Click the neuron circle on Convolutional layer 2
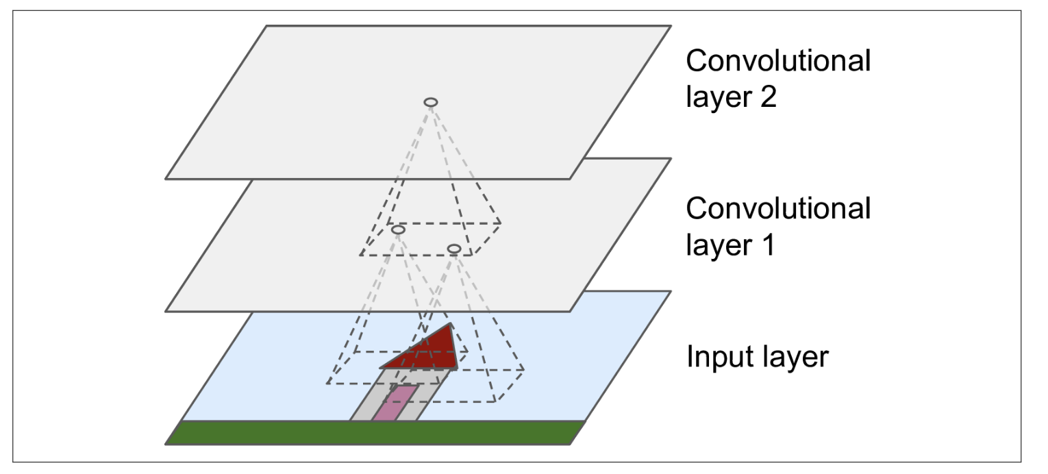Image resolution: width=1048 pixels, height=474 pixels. pyautogui.click(x=431, y=102)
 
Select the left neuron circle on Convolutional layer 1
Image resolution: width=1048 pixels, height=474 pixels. pyautogui.click(x=398, y=229)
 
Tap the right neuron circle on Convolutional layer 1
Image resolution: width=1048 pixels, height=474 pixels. pyautogui.click(x=453, y=248)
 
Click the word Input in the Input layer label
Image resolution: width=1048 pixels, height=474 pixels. pyautogui.click(x=713, y=358)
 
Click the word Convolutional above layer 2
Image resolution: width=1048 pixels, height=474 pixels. pyautogui.click(x=778, y=62)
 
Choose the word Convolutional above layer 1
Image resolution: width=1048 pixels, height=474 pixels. pyautogui.click(x=778, y=208)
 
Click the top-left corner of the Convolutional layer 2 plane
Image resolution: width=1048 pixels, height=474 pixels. pyautogui.click(x=266, y=26)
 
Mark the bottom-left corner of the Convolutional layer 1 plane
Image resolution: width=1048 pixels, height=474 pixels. pyautogui.click(x=166, y=312)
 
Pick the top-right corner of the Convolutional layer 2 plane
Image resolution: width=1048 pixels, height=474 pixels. pyautogui.click(x=671, y=26)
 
